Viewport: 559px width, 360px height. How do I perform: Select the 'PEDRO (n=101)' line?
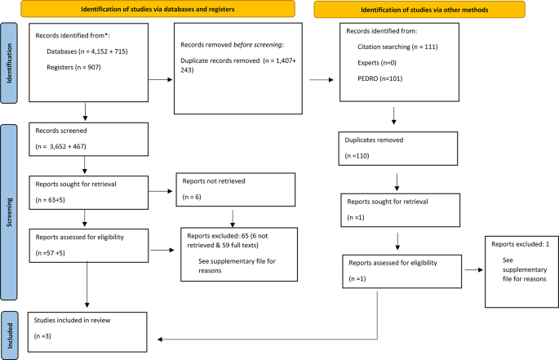click(x=377, y=79)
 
